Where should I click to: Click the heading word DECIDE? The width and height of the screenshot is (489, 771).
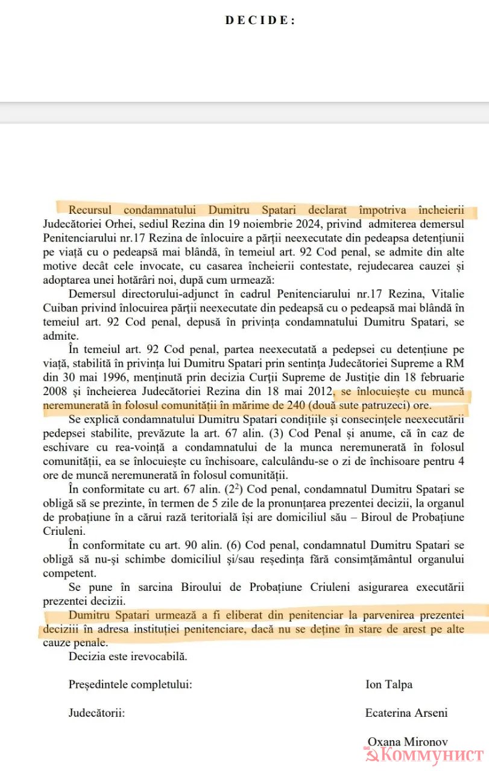pyautogui.click(x=260, y=20)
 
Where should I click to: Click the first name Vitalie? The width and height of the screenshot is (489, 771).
pyautogui.click(x=447, y=293)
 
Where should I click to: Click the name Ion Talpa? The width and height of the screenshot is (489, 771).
pyautogui.click(x=389, y=684)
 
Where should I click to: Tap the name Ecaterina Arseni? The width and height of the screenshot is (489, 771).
pyautogui.click(x=406, y=713)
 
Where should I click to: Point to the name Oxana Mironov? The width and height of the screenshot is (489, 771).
pyautogui.click(x=408, y=742)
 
